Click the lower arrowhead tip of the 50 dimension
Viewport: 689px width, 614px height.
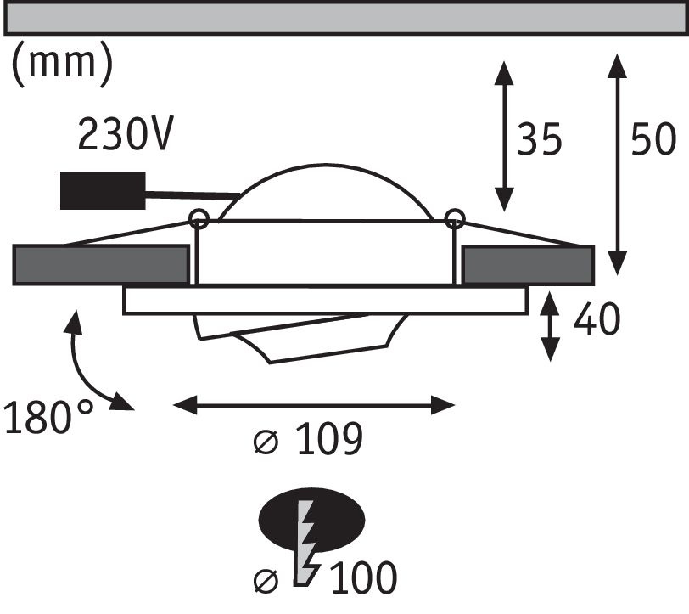click(x=617, y=275)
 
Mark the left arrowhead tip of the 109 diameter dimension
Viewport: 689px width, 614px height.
click(x=173, y=404)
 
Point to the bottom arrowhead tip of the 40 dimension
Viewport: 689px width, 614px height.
click(x=550, y=362)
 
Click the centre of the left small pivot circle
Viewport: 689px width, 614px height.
click(x=199, y=218)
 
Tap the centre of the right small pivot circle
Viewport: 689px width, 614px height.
click(x=454, y=218)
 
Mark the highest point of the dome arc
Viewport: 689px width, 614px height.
click(x=325, y=165)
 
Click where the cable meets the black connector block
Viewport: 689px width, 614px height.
click(x=145, y=192)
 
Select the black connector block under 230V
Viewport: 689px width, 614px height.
click(x=103, y=190)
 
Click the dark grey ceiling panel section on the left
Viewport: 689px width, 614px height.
click(x=102, y=265)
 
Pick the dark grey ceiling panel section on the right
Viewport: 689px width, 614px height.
click(x=528, y=265)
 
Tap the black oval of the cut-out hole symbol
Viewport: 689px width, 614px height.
click(x=312, y=520)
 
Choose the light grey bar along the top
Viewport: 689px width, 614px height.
click(x=344, y=18)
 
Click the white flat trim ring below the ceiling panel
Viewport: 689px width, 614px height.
click(x=325, y=301)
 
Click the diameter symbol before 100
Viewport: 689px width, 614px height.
click(x=266, y=581)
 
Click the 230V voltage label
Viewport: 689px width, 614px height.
click(x=126, y=132)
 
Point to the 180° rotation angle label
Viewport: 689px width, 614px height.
click(x=48, y=416)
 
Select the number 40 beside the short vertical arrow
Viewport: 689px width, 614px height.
click(x=597, y=318)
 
